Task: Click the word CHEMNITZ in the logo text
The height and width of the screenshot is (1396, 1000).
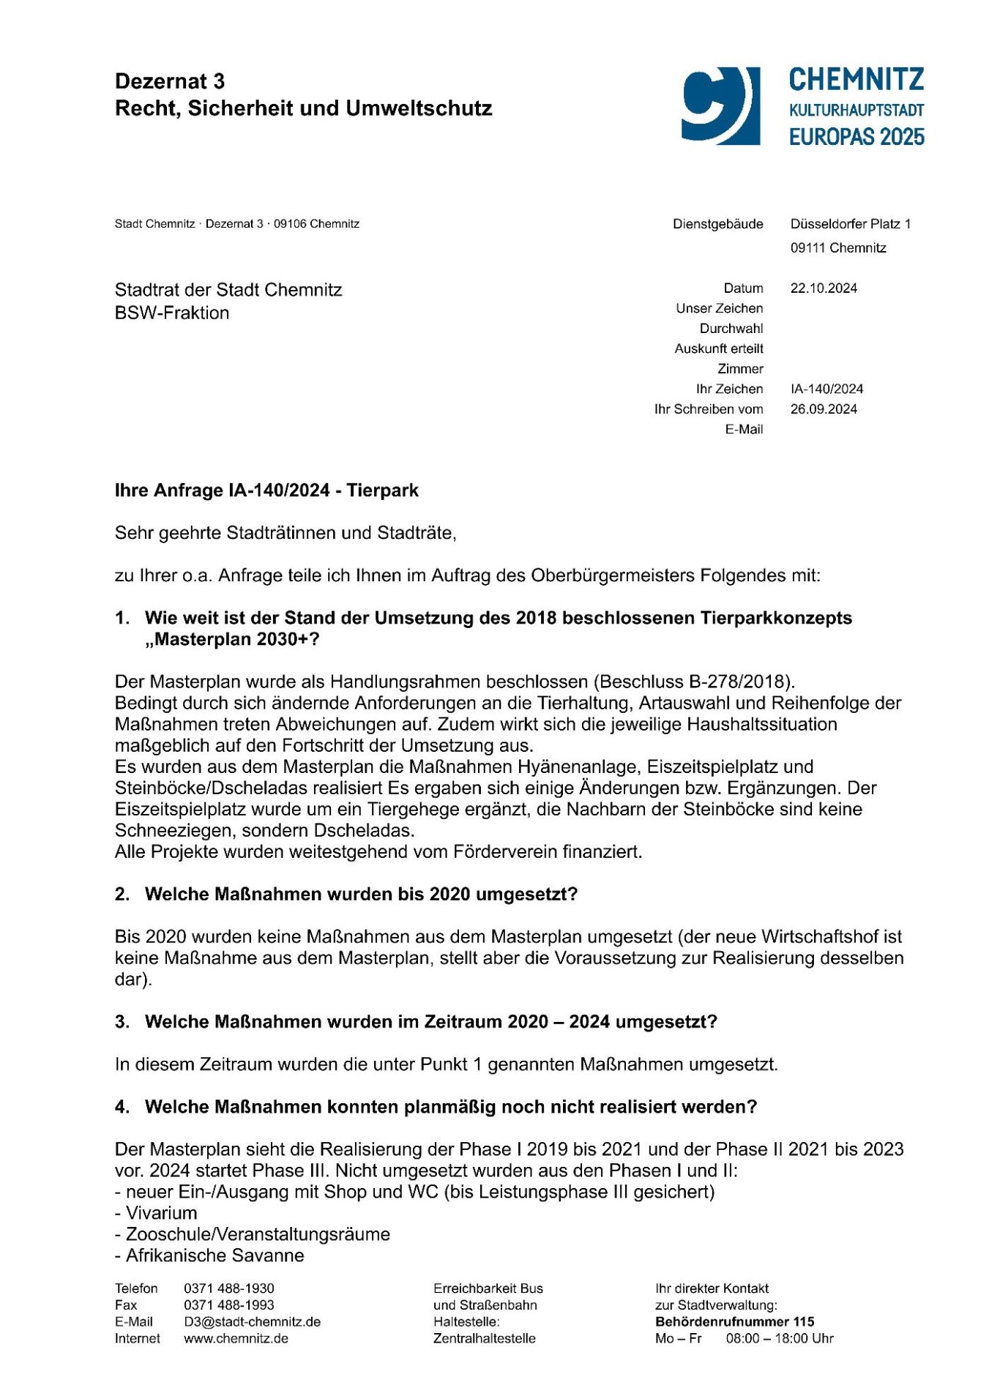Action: pos(856,80)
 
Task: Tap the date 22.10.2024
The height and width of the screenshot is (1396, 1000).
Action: pos(824,288)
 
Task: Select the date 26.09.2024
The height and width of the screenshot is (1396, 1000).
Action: pos(824,409)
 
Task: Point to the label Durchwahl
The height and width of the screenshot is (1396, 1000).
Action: pos(731,329)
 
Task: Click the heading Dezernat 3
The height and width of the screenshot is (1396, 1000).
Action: pos(170,81)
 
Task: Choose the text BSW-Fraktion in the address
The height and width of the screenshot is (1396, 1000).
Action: pos(172,313)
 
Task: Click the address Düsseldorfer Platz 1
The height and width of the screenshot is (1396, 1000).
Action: pos(850,224)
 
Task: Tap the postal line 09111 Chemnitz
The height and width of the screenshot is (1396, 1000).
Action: pos(837,248)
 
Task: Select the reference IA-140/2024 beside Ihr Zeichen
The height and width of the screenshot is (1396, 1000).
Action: pos(827,389)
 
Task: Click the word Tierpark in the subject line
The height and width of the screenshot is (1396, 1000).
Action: pos(382,490)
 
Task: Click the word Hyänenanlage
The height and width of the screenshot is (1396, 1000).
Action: pos(570,767)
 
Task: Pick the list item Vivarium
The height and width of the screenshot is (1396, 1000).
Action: pos(161,1213)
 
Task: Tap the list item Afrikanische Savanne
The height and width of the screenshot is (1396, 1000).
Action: pos(214,1255)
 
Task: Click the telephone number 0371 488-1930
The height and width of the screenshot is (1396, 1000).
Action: pos(228,1288)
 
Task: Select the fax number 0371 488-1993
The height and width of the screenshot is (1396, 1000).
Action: pos(228,1305)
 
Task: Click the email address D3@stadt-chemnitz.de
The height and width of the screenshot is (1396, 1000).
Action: pos(252,1322)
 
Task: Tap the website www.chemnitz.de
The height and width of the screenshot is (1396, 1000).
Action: pos(236,1339)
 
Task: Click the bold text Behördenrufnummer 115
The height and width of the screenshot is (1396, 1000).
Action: pos(734,1322)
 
